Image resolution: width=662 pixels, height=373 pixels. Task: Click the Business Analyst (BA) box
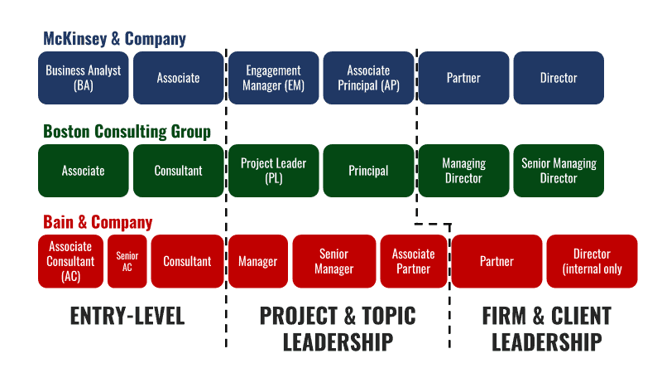click(84, 78)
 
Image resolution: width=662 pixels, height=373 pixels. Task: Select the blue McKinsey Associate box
click(178, 78)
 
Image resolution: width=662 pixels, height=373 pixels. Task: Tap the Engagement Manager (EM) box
click(274, 78)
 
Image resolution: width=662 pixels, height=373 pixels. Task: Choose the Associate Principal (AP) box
click(368, 78)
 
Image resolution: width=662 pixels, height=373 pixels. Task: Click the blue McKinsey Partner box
click(463, 78)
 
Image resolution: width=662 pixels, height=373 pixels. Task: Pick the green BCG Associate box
click(84, 171)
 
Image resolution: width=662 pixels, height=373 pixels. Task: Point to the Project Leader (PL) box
click(274, 171)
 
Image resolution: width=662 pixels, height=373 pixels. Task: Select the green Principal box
click(368, 171)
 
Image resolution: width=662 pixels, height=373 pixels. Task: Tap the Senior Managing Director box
click(559, 171)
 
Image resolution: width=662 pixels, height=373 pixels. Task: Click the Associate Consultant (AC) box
click(70, 261)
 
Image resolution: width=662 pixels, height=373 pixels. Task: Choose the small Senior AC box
click(127, 261)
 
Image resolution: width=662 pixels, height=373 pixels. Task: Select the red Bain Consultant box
click(187, 261)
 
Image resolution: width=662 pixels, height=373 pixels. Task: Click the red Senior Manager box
click(333, 261)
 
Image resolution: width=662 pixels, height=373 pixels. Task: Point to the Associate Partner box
click(413, 261)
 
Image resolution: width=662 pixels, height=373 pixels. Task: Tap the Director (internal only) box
click(592, 261)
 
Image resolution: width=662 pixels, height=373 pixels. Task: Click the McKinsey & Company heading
click(114, 39)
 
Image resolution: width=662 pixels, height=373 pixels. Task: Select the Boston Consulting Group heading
click(127, 132)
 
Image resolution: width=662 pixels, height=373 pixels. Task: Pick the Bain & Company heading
click(98, 222)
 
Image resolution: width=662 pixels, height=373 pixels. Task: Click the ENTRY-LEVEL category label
click(127, 316)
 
